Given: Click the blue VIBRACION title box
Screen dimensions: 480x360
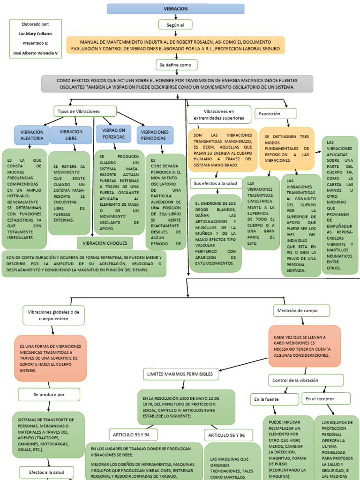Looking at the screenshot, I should pyautogui.click(x=176, y=9).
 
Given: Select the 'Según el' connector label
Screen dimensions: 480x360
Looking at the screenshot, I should pyautogui.click(x=176, y=25).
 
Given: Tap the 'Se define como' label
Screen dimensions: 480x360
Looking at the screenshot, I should pyautogui.click(x=176, y=65).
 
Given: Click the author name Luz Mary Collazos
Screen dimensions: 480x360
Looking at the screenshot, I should pyautogui.click(x=35, y=34).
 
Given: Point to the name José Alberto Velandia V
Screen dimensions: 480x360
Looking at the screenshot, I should pyautogui.click(x=35, y=53).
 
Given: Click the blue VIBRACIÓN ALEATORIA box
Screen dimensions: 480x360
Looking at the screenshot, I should pyautogui.click(x=31, y=135).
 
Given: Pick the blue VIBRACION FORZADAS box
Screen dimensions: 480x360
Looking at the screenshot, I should pyautogui.click(x=113, y=134).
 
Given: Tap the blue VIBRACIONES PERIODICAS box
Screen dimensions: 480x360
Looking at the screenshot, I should pyautogui.click(x=155, y=135).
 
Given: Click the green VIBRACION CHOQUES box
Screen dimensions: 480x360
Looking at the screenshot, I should pyautogui.click(x=105, y=244).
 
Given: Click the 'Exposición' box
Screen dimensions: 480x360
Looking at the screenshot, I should pyautogui.click(x=276, y=113).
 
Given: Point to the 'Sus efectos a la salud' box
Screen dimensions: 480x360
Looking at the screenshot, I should pyautogui.click(x=216, y=183).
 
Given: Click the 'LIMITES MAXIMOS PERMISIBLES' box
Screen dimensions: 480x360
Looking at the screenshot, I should pyautogui.click(x=180, y=374).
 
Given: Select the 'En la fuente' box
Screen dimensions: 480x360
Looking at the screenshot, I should pyautogui.click(x=274, y=399).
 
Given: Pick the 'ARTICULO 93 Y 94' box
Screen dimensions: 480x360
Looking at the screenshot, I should pyautogui.click(x=131, y=435).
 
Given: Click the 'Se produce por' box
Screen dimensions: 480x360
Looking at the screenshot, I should pyautogui.click(x=49, y=395).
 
